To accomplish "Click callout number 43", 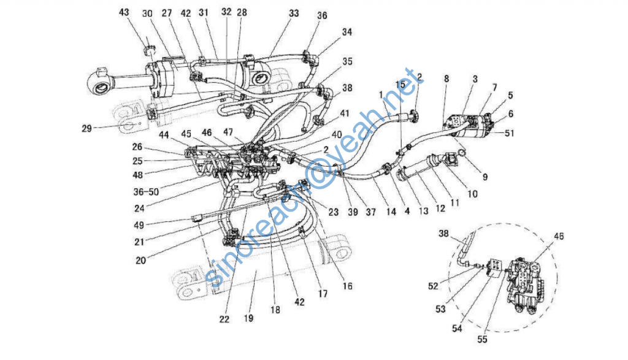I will [x=124, y=12].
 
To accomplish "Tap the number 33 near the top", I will [x=294, y=12].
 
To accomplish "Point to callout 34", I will [x=348, y=31].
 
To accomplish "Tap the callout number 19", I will [x=247, y=318].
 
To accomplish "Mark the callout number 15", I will [x=400, y=83].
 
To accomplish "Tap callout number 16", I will [x=348, y=286].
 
